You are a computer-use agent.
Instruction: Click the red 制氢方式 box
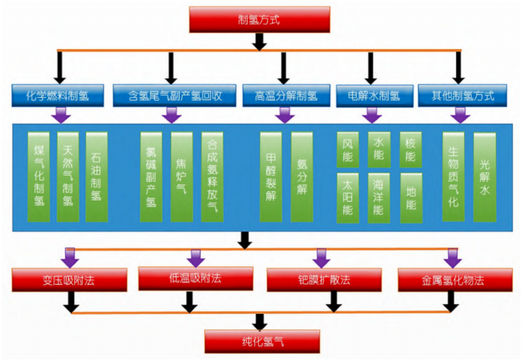(x=260, y=20)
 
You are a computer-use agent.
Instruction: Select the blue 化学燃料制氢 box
(x=57, y=96)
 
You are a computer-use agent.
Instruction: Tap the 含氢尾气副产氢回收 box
(x=174, y=96)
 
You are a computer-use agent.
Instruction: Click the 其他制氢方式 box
(x=461, y=96)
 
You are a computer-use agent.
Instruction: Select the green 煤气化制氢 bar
(x=39, y=176)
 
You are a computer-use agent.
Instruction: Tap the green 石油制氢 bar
(x=96, y=176)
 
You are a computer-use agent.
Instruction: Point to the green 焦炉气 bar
(x=181, y=176)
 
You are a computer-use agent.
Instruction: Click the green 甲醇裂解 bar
(x=271, y=176)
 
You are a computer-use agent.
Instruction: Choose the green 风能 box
(x=348, y=149)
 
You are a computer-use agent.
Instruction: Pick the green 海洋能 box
(x=379, y=198)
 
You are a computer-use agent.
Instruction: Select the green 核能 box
(x=410, y=149)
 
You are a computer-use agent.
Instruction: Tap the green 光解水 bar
(x=484, y=176)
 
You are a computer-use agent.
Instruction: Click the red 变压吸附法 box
(x=69, y=280)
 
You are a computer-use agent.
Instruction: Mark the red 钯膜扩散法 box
(x=324, y=279)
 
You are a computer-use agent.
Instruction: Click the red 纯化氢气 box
(x=262, y=341)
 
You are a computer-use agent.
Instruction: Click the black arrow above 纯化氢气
(x=261, y=321)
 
